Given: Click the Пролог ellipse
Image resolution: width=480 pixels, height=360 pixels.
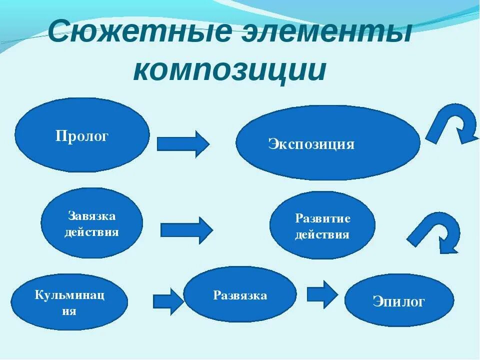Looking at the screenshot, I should (x=82, y=135).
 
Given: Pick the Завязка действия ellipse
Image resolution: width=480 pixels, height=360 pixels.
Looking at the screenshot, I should (x=91, y=223).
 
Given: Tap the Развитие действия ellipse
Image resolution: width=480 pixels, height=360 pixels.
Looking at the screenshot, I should (x=322, y=225).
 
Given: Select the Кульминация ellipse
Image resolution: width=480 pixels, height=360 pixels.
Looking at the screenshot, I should (x=69, y=301).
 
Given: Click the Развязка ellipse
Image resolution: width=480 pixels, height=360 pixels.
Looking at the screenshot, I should (x=240, y=294).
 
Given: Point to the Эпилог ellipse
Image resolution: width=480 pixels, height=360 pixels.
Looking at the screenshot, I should (x=398, y=300).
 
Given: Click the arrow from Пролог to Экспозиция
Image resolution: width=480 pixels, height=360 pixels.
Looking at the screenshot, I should (x=183, y=144).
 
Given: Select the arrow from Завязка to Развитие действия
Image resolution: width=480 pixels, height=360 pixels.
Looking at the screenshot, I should (x=186, y=230).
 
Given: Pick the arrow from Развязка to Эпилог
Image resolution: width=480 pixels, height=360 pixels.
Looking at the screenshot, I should (x=322, y=294).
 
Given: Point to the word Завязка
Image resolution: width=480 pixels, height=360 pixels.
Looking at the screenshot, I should (x=91, y=216).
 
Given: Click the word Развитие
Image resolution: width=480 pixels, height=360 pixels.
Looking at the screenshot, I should (x=322, y=218).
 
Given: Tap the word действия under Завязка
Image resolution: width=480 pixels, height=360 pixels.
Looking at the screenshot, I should (x=91, y=232).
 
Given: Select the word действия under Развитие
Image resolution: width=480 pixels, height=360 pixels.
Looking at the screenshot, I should (x=322, y=234).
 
